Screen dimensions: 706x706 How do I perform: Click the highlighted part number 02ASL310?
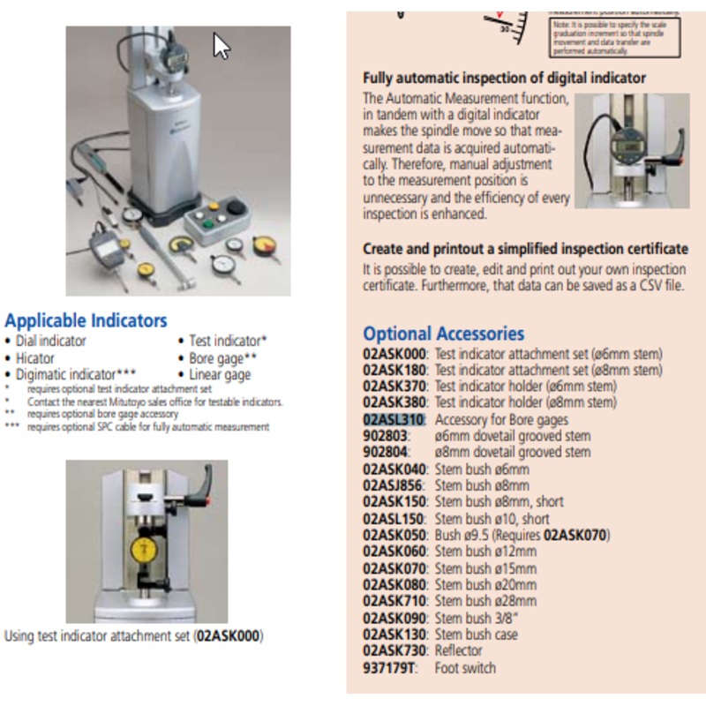[394, 419]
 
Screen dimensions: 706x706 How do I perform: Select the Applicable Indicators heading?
[86, 320]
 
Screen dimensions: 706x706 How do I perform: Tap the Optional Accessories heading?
[443, 334]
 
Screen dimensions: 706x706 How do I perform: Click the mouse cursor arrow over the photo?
[222, 46]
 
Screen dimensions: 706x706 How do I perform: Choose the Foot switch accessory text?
[465, 668]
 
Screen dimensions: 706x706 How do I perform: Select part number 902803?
[385, 436]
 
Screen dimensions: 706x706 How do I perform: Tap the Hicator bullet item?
[34, 358]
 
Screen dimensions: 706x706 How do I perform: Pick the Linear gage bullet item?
[220, 375]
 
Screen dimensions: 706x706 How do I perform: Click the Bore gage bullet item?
[222, 358]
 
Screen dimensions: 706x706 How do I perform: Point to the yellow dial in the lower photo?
[146, 546]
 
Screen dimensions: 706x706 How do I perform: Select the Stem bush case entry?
[477, 635]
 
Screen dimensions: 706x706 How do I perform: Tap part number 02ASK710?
[394, 602]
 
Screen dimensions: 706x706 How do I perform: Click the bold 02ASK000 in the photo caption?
[229, 635]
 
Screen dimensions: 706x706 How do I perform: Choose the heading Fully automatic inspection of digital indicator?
[504, 78]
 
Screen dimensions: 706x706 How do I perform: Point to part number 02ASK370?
[394, 387]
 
